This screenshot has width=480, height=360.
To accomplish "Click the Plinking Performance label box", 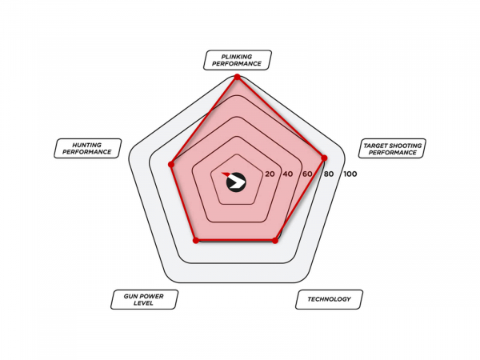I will (236, 59).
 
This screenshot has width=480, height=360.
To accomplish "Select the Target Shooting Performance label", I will (393, 148).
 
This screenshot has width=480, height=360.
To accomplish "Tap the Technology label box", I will (329, 299).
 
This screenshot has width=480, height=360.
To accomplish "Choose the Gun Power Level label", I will (145, 299).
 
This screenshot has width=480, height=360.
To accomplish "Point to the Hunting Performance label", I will (88, 148).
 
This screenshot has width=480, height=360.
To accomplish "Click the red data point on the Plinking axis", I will (236, 77).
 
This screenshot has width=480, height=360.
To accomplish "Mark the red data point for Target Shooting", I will (324, 157).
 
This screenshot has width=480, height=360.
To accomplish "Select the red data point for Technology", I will (276, 239).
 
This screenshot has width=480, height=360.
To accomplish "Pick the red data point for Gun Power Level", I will (196, 239).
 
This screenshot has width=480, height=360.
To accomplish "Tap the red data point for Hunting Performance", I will (170, 165).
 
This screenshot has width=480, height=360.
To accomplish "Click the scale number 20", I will (270, 174).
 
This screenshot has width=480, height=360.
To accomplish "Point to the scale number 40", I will (289, 174).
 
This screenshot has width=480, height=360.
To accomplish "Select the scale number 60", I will (308, 174).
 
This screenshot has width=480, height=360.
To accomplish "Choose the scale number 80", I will (328, 174).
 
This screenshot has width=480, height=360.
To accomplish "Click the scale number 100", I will (350, 174).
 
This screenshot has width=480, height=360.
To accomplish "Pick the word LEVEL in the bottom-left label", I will (145, 304).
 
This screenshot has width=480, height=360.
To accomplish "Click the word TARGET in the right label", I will (376, 145).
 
